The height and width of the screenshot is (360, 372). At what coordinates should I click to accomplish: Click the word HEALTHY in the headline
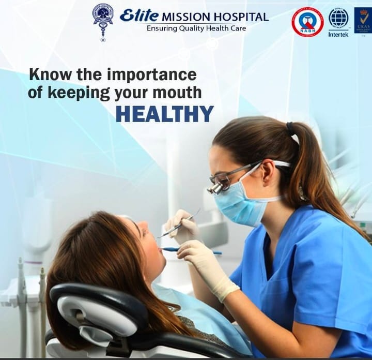(164, 114)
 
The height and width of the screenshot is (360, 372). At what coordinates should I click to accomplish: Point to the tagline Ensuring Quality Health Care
(196, 28)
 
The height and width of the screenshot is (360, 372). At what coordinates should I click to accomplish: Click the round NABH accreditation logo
(307, 22)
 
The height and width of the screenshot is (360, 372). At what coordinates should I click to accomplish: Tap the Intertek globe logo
(338, 19)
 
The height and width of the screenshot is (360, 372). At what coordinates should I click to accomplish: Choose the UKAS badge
(363, 20)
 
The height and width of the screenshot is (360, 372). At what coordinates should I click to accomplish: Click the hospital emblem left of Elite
(103, 20)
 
